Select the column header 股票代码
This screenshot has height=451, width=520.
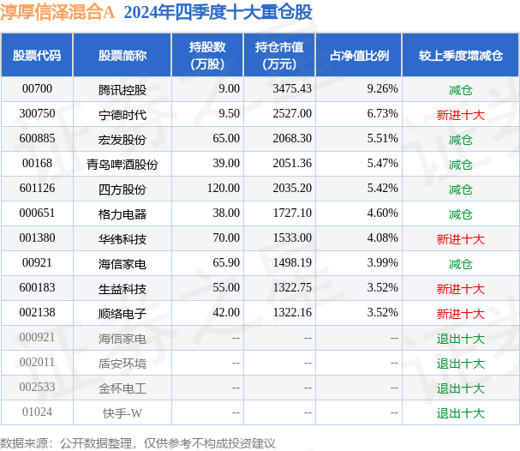tap(37, 55)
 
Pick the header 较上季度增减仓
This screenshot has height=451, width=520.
tap(460, 55)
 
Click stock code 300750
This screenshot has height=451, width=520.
tap(37, 114)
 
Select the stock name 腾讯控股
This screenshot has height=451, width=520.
tap(122, 89)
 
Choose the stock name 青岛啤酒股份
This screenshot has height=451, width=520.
tap(122, 164)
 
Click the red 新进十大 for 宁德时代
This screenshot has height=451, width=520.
tap(460, 114)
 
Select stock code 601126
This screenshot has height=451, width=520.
tap(37, 189)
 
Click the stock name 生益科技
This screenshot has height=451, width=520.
tap(122, 289)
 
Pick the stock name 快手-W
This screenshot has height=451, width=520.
tap(122, 413)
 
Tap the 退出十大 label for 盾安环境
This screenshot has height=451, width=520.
tap(460, 364)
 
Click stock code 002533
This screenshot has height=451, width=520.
tap(37, 388)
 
